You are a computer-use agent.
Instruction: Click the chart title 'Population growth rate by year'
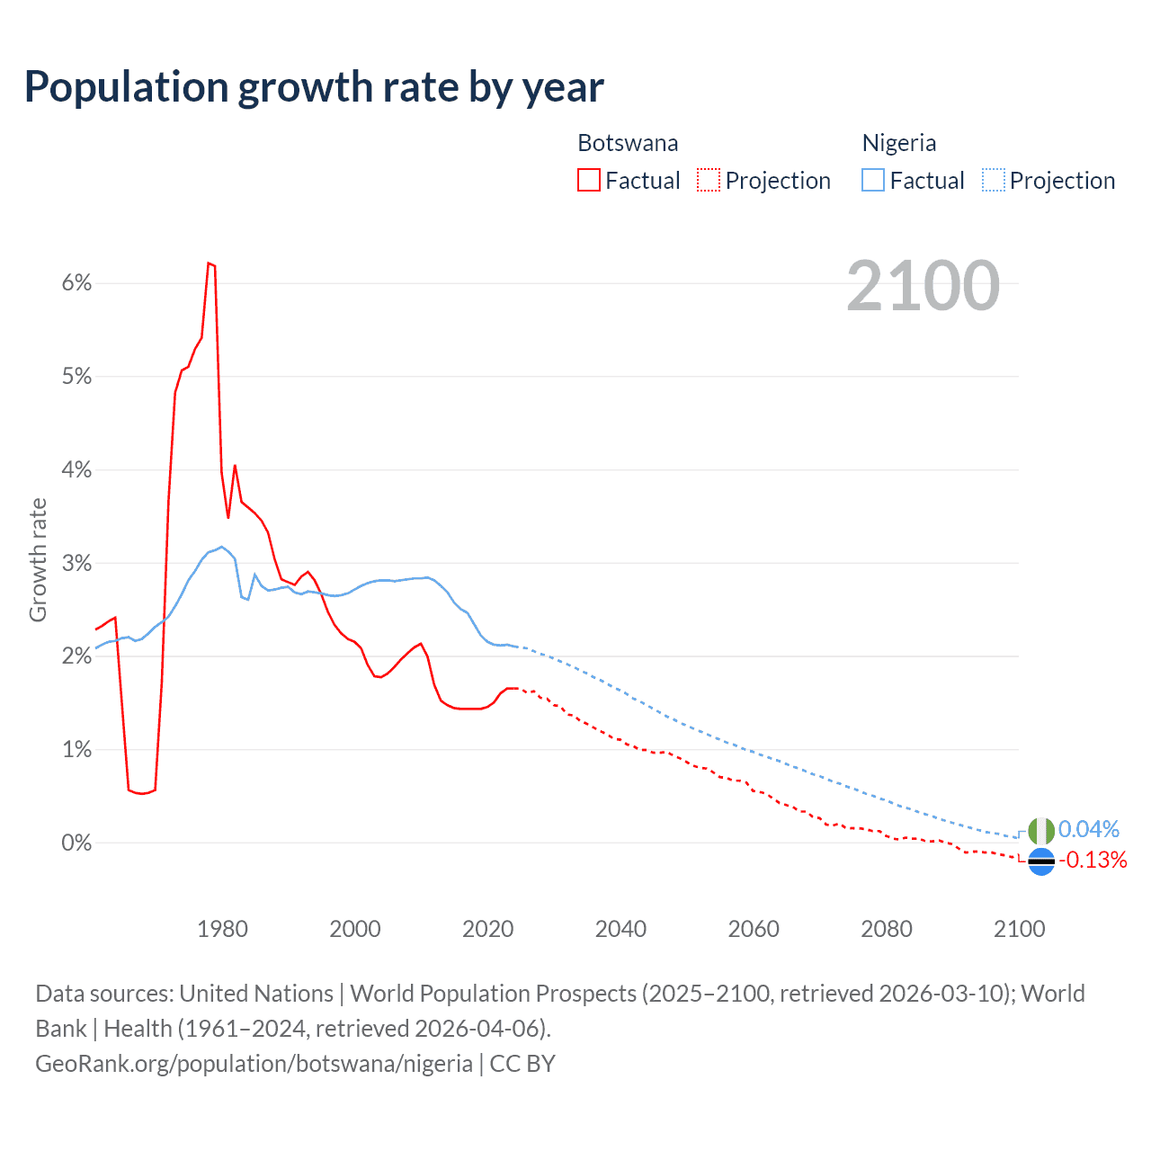pyautogui.click(x=314, y=87)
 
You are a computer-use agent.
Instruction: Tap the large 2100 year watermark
pyautogui.click(x=923, y=286)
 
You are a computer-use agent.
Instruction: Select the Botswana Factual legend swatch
pyautogui.click(x=589, y=180)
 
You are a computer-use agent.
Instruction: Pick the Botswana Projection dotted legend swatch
pyautogui.click(x=709, y=180)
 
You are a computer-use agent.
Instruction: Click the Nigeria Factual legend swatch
pyautogui.click(x=873, y=180)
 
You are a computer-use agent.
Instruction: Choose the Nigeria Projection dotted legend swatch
pyautogui.click(x=993, y=180)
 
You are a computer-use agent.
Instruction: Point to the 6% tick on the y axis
pyautogui.click(x=76, y=283)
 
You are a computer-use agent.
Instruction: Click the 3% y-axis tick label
pyautogui.click(x=76, y=564)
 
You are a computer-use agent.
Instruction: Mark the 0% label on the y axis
pyautogui.click(x=76, y=843)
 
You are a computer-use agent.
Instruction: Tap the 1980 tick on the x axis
pyautogui.click(x=222, y=929)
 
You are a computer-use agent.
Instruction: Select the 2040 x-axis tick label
pyautogui.click(x=620, y=929)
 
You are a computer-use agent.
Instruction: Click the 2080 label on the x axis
pyautogui.click(x=887, y=929)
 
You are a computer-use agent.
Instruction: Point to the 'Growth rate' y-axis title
pyautogui.click(x=38, y=559)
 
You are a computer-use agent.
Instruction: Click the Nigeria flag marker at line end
pyautogui.click(x=1040, y=831)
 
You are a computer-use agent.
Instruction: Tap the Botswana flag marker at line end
pyautogui.click(x=1040, y=861)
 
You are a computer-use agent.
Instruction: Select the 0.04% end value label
pyautogui.click(x=1089, y=829)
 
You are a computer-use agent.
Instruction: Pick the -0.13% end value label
pyautogui.click(x=1093, y=861)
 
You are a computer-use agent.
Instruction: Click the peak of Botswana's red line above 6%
pyautogui.click(x=209, y=263)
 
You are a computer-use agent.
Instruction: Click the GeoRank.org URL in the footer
pyautogui.click(x=254, y=1064)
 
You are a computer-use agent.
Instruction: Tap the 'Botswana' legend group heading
pyautogui.click(x=628, y=143)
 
